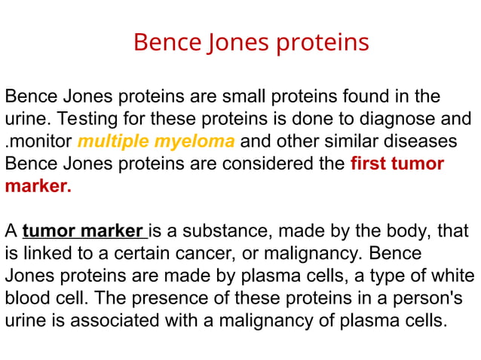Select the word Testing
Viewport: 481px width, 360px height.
[x=86, y=119]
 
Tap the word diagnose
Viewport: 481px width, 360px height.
[x=401, y=119]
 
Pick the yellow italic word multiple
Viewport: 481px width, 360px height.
[x=113, y=142]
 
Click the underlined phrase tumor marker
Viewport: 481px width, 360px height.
[x=83, y=230]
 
